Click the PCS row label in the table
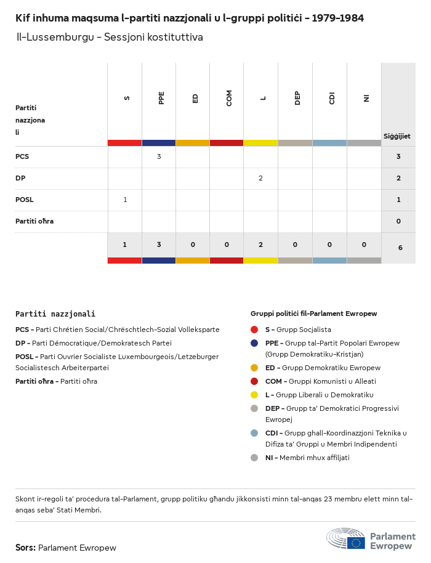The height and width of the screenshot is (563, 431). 22,156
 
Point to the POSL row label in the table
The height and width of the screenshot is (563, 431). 25,200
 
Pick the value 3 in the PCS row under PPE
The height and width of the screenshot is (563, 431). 159,156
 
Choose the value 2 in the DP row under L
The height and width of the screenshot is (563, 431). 260,178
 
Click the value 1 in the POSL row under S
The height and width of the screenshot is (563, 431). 125,200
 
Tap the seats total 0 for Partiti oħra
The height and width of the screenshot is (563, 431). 398,221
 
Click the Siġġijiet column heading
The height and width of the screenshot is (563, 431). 397,136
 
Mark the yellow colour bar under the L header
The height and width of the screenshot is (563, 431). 260,143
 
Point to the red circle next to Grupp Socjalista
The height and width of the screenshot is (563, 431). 254,330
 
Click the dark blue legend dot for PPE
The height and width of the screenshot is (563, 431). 254,343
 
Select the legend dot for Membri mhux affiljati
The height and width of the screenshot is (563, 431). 254,458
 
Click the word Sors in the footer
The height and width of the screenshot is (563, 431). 25,548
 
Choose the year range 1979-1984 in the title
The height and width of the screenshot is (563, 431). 337,18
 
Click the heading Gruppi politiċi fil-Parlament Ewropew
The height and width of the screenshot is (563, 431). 313,314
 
